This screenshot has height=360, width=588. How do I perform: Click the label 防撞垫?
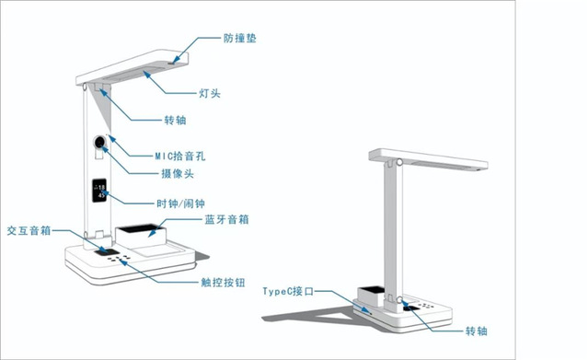point(239,39)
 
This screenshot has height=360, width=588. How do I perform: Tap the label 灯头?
point(210,93)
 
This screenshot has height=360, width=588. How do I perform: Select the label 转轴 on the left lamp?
point(175,120)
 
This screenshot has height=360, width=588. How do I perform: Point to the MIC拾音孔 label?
point(180,156)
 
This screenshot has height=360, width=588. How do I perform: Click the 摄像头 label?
point(178,173)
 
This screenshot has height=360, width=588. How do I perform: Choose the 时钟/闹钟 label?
point(180,203)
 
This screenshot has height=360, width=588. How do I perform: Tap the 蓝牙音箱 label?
point(226,219)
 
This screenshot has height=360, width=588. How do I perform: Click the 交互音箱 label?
point(29,230)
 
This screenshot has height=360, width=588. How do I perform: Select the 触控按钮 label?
point(223,283)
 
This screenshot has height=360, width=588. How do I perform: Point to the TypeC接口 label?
point(288,291)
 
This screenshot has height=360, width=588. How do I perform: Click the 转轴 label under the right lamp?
point(477,331)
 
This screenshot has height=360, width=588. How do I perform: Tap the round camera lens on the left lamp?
point(99,143)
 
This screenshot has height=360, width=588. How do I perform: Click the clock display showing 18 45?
point(99,191)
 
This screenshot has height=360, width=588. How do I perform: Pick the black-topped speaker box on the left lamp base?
point(141,236)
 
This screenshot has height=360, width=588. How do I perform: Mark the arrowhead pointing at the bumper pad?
point(176,59)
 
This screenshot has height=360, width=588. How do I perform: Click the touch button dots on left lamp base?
point(119,259)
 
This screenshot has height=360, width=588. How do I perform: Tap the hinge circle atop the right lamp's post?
point(399,162)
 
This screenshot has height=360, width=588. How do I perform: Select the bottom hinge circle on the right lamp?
point(399,300)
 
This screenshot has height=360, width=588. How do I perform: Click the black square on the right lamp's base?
point(412,308)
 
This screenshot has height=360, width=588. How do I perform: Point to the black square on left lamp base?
point(107,252)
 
